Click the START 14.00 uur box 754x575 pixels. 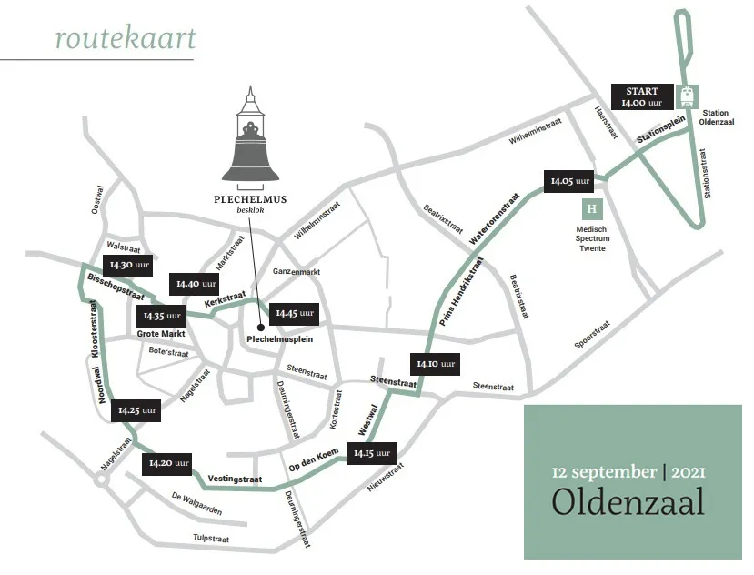pyautogui.click(x=642, y=96)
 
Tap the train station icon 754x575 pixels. pyautogui.click(x=689, y=96)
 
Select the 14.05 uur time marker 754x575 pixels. pyautogui.click(x=570, y=181)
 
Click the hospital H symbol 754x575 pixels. pyautogui.click(x=593, y=208)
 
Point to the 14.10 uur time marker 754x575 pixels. pyautogui.click(x=435, y=364)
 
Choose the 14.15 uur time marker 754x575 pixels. pyautogui.click(x=371, y=453)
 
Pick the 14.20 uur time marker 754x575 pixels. pyautogui.click(x=169, y=463)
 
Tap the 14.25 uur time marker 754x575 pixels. pyautogui.click(x=137, y=411)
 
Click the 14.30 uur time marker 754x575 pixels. pyautogui.click(x=128, y=266)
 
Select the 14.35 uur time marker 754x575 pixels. pyautogui.click(x=161, y=316)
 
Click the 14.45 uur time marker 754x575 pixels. pyautogui.click(x=294, y=314)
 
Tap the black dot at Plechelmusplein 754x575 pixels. pyautogui.click(x=261, y=328)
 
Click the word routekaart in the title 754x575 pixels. pyautogui.click(x=124, y=39)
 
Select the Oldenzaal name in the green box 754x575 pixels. pyautogui.click(x=628, y=500)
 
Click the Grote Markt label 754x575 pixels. pyautogui.click(x=161, y=334)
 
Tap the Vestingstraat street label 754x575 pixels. pyautogui.click(x=236, y=479)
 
